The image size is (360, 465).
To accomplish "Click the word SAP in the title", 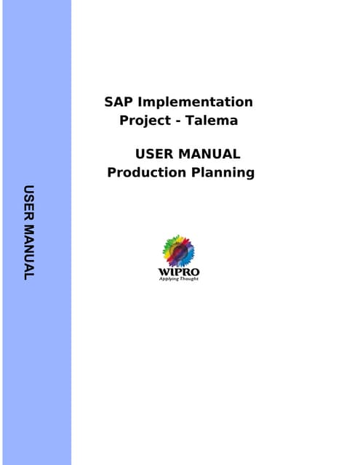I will (119, 102).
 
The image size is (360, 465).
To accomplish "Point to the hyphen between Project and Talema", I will (179, 121).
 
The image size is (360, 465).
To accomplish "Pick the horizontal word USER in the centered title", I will (156, 154).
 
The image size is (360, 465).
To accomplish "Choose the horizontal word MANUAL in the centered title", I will (210, 154).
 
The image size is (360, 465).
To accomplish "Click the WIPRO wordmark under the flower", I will (178, 272).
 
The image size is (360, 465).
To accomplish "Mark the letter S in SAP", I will (109, 102).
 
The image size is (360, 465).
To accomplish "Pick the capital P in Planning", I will (196, 172).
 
